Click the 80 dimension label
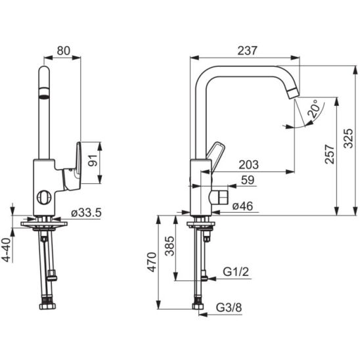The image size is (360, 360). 63,51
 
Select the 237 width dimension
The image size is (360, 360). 247,51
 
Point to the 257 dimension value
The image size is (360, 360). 330,154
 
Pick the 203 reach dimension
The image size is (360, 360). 248,165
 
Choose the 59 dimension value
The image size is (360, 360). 248,180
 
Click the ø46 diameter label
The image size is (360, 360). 242,206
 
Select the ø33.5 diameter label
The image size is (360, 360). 86,213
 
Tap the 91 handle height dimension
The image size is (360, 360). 93,160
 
